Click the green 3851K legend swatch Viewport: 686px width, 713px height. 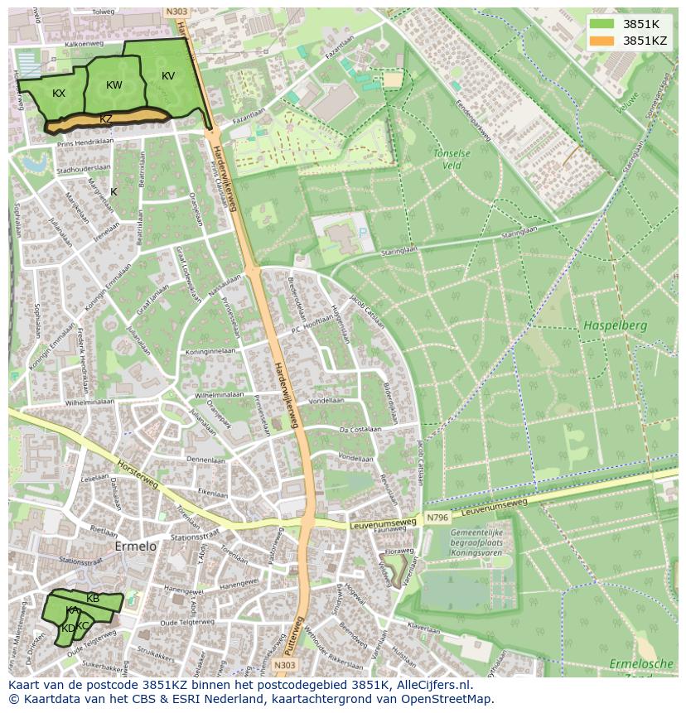click(x=602, y=24)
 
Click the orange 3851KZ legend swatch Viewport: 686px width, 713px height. click(x=602, y=41)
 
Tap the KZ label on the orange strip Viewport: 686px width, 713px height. click(x=106, y=119)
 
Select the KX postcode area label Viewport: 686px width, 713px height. click(x=59, y=94)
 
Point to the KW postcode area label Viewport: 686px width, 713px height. click(x=114, y=85)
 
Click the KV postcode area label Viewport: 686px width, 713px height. click(x=168, y=76)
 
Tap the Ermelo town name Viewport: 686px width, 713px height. click(x=134, y=548)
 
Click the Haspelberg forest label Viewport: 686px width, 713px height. click(x=614, y=325)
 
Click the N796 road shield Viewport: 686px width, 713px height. click(x=437, y=518)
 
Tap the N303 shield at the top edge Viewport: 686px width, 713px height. click(x=176, y=12)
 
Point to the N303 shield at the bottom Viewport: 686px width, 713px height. click(x=284, y=665)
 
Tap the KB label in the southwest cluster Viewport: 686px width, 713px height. click(x=93, y=599)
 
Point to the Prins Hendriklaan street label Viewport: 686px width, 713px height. click(x=85, y=142)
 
